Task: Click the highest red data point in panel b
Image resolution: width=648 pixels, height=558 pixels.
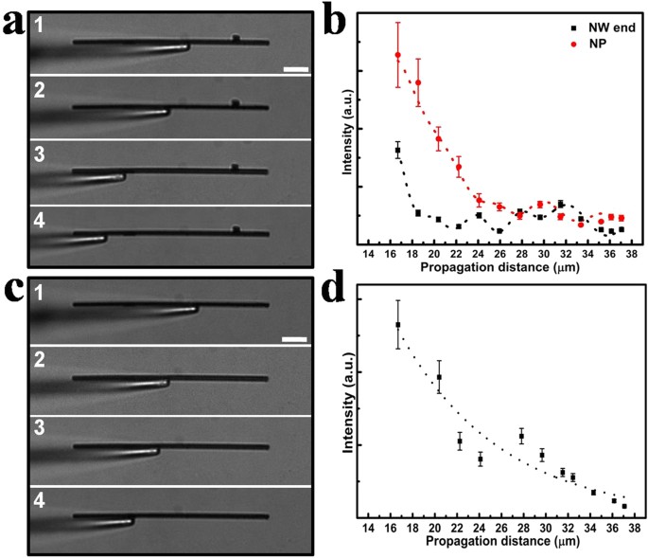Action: (x=398, y=55)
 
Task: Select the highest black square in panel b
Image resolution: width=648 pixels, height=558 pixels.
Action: (x=398, y=151)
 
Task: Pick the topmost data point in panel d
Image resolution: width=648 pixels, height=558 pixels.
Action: (x=398, y=325)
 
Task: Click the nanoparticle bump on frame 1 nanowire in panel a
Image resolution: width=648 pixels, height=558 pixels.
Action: (x=236, y=38)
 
